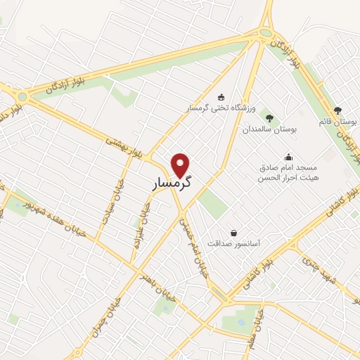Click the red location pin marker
click(x=181, y=165)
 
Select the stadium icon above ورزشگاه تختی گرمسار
click(x=222, y=97)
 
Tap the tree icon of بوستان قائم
click(x=337, y=110)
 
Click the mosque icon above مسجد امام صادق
click(x=288, y=157)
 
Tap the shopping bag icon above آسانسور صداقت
click(x=233, y=233)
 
